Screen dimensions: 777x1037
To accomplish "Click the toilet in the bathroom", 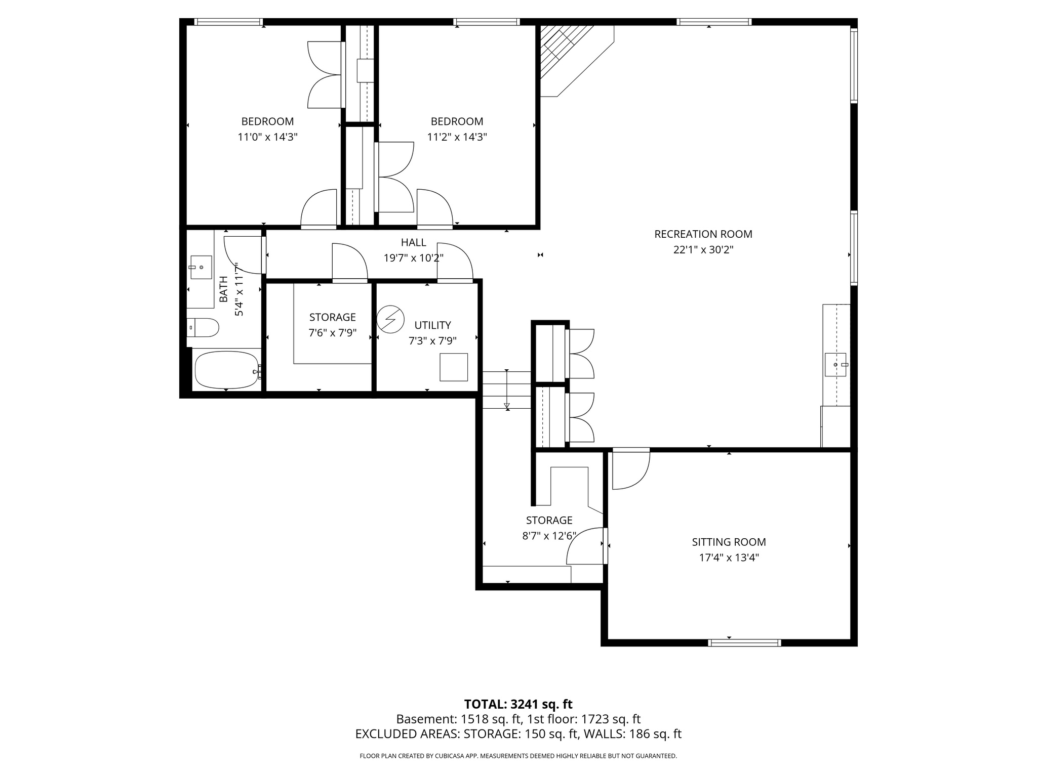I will [x=203, y=328].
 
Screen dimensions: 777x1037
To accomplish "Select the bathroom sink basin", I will [x=201, y=267].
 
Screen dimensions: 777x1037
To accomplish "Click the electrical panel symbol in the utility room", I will [x=390, y=320].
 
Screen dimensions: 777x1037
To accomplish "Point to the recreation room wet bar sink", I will [x=835, y=365].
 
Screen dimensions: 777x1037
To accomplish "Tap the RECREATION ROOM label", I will [x=703, y=234].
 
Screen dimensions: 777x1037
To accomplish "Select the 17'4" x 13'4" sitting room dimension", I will [x=729, y=557].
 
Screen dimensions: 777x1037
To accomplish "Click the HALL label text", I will [x=413, y=242].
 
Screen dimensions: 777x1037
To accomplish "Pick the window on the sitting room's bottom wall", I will [x=744, y=643].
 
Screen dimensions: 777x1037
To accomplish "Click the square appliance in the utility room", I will [x=453, y=367].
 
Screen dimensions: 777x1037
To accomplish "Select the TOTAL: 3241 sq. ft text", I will [x=518, y=704].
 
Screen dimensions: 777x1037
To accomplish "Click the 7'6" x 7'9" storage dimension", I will [x=332, y=333].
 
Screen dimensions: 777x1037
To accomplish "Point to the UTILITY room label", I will [x=432, y=325].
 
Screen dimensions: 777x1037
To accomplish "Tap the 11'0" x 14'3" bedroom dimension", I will [x=267, y=137].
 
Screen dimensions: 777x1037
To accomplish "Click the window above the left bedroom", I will [x=228, y=22].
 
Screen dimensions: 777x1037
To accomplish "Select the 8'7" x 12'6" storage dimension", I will [x=549, y=536].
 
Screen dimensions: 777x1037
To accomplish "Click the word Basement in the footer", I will [x=425, y=719].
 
